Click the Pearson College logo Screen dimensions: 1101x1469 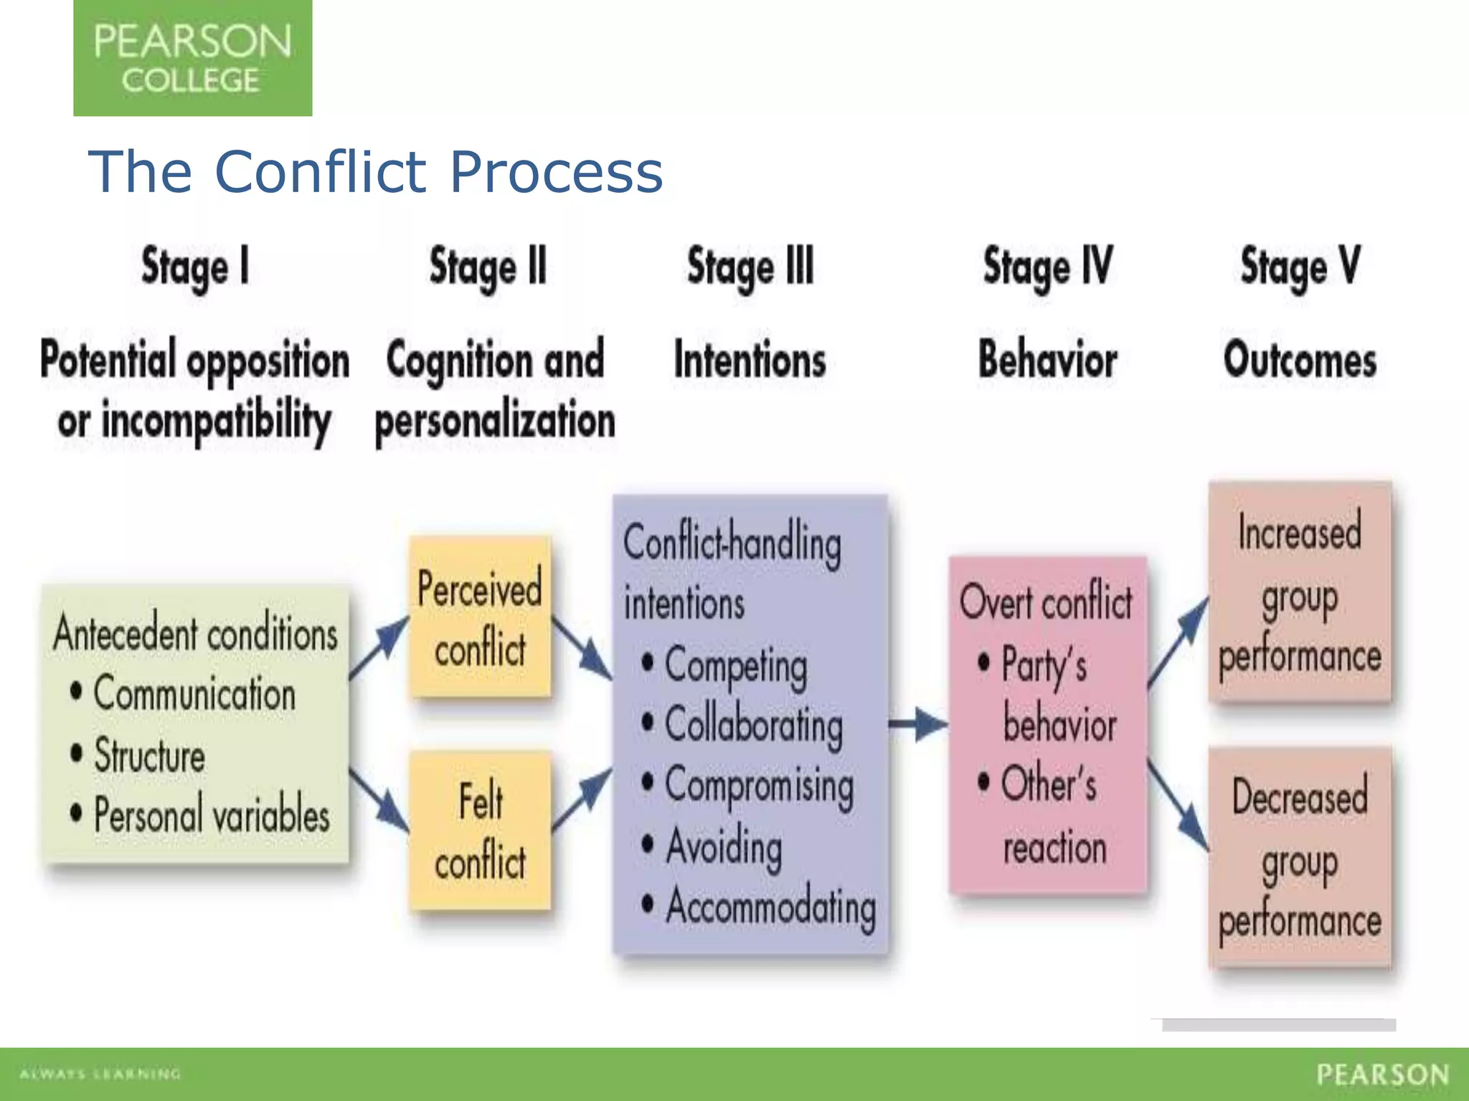192,58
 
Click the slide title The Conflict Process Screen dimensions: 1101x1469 375,172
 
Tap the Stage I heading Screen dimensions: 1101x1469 195,267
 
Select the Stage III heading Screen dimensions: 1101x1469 750,267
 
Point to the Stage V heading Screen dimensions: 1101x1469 1300,267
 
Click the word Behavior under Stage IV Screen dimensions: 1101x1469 1047,360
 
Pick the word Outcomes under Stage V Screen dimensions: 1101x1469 1300,360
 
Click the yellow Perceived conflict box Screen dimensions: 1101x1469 480,617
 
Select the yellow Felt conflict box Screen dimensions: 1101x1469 480,830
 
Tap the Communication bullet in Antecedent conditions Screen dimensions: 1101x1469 194,694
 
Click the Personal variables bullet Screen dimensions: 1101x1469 211,815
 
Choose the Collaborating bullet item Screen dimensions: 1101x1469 753,725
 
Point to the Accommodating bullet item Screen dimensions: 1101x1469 770,907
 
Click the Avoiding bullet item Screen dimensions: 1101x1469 723,847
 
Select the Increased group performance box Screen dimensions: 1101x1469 1300,592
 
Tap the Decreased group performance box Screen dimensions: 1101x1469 1300,857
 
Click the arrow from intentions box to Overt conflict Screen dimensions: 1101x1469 918,724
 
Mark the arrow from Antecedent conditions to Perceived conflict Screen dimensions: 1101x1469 379,648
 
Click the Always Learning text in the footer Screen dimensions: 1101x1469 100,1074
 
